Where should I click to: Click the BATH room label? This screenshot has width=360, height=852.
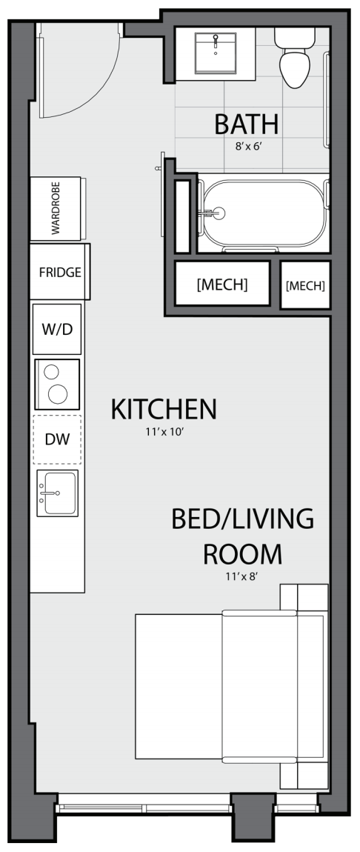pos(247,124)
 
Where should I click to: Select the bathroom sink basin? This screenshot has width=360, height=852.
pos(216,53)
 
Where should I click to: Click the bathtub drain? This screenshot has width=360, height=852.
pos(219,213)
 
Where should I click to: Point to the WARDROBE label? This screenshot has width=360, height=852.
pos(56,208)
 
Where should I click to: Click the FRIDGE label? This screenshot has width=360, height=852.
pos(60,272)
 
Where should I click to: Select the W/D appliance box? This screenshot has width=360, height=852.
pos(57,329)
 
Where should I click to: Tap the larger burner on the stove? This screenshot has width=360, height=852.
pos(58,394)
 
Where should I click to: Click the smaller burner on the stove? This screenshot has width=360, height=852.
pos(52,372)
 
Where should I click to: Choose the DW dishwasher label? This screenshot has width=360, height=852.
pos(58,439)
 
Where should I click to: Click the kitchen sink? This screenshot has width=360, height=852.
pos(58,493)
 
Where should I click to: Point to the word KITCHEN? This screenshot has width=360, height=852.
pos(164,409)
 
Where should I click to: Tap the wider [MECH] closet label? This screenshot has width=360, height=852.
pos(222,284)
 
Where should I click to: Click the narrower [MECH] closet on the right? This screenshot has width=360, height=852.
pos(306,285)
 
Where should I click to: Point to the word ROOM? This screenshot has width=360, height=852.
pos(243,554)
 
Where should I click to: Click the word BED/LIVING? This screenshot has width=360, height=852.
pos(243,519)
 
